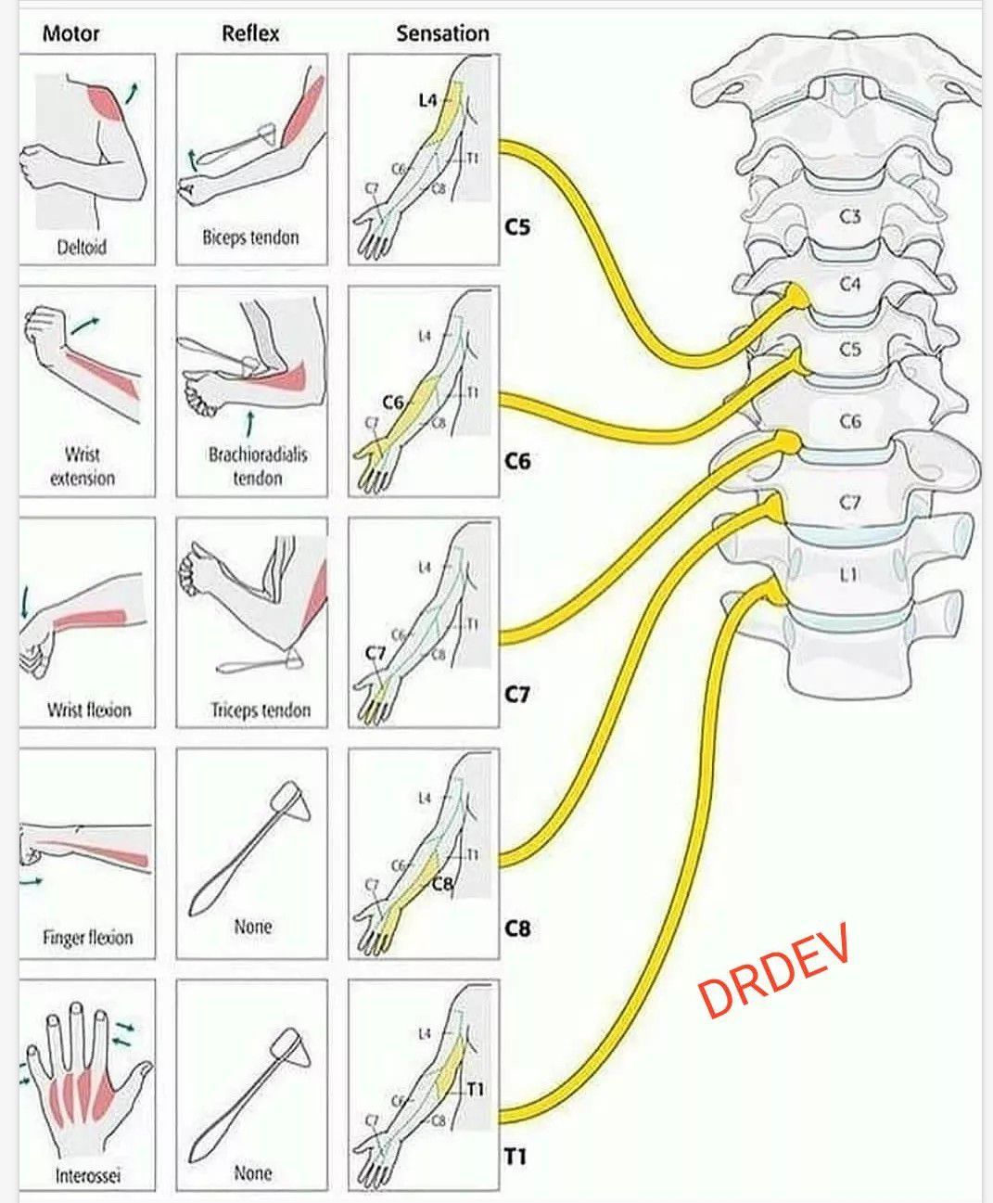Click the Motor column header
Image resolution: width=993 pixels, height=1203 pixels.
(70, 33)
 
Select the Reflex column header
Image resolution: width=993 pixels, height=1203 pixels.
(250, 33)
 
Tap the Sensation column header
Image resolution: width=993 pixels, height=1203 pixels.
(442, 33)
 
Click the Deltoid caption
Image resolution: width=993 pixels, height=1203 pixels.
(82, 248)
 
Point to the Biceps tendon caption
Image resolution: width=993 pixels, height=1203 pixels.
(250, 237)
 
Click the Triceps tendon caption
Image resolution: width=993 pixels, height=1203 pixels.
(260, 710)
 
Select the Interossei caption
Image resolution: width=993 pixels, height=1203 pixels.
(88, 1176)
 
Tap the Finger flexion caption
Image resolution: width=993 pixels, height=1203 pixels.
(88, 938)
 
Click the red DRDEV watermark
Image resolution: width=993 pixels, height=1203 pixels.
(774, 970)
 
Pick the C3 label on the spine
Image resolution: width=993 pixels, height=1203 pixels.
(850, 216)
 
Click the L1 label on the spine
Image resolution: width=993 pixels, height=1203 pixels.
(848, 575)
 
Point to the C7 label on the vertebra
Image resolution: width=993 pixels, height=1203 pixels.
(850, 502)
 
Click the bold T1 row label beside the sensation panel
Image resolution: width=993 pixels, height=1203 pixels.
(516, 1157)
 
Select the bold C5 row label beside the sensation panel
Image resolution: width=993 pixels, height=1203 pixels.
(517, 225)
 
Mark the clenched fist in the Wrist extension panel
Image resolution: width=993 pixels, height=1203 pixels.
(45, 326)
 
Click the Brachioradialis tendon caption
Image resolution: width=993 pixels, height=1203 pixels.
(257, 467)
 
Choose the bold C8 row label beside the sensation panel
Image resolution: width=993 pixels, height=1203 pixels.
(517, 928)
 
